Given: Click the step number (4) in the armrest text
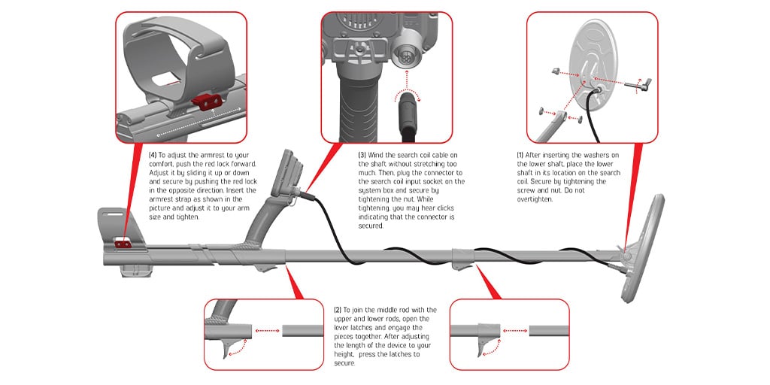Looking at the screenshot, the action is pyautogui.click(x=153, y=155).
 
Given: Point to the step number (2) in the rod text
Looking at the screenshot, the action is pyautogui.click(x=338, y=310).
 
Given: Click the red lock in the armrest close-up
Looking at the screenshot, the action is pyautogui.click(x=206, y=102).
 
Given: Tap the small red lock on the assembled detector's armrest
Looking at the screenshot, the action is pyautogui.click(x=123, y=244).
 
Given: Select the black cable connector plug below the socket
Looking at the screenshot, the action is pyautogui.click(x=407, y=113).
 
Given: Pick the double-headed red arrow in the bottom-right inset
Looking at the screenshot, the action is pyautogui.click(x=514, y=331).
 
